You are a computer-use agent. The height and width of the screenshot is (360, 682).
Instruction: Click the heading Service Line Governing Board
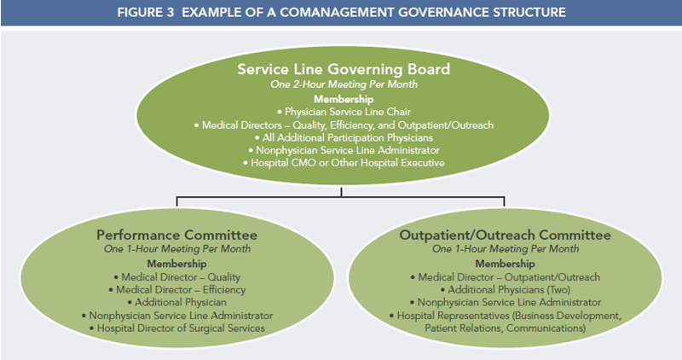click(x=344, y=69)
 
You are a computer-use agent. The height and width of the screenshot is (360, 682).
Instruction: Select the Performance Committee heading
click(x=176, y=235)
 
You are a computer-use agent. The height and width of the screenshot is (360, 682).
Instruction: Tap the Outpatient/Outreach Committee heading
click(x=505, y=235)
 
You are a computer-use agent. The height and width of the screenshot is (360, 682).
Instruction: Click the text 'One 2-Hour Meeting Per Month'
click(x=344, y=84)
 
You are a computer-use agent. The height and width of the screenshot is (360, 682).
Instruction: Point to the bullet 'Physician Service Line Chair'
click(x=344, y=112)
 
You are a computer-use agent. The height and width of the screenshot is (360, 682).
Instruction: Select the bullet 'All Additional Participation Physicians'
click(x=344, y=137)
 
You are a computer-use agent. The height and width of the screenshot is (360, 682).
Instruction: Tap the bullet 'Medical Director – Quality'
click(x=176, y=277)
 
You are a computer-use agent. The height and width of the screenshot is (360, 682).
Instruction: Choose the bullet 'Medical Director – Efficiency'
click(x=176, y=290)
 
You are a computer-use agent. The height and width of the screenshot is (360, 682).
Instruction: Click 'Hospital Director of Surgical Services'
click(x=176, y=328)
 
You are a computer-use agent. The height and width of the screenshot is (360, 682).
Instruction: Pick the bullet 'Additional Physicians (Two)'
click(x=505, y=290)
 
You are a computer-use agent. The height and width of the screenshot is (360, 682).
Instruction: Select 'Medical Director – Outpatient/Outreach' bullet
click(x=505, y=277)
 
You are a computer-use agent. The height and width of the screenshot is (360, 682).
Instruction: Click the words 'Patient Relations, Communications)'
click(x=505, y=328)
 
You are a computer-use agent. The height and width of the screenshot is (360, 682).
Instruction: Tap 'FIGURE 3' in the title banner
click(x=145, y=12)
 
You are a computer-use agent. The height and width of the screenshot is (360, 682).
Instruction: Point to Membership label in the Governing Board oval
click(x=344, y=99)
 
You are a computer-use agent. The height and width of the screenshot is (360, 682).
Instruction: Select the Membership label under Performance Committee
click(x=176, y=264)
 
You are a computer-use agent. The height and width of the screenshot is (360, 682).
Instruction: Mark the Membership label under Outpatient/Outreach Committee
click(x=505, y=264)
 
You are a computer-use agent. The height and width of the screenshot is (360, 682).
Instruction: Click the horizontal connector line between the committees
click(x=340, y=197)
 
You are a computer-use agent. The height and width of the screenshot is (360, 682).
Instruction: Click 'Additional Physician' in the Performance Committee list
click(x=176, y=303)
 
